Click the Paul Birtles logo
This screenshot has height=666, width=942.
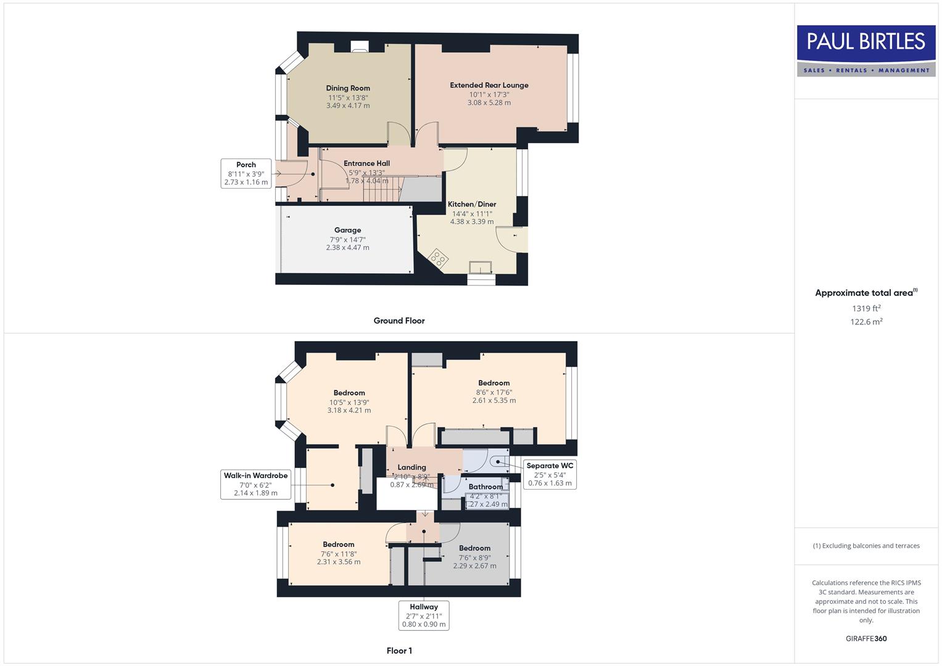pyautogui.click(x=866, y=51)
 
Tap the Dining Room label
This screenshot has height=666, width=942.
pyautogui.click(x=348, y=88)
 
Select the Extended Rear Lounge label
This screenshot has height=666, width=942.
pyautogui.click(x=489, y=85)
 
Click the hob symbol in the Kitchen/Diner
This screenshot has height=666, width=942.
pyautogui.click(x=438, y=258)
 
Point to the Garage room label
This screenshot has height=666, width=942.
pyautogui.click(x=347, y=230)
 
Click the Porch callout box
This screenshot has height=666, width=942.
pyautogui.click(x=246, y=173)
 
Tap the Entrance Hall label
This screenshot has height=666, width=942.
pyautogui.click(x=366, y=163)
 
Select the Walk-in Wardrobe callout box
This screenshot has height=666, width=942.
pyautogui.click(x=255, y=484)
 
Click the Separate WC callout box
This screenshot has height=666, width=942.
pyautogui.click(x=550, y=474)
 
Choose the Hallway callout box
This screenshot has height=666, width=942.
pyautogui.click(x=424, y=615)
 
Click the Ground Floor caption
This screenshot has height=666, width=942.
pyautogui.click(x=399, y=321)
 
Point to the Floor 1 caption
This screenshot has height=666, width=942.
pyautogui.click(x=399, y=651)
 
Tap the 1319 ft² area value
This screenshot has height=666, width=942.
pyautogui.click(x=866, y=308)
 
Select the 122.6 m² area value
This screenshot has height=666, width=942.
pyautogui.click(x=866, y=321)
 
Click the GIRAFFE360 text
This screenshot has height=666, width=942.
pyautogui.click(x=866, y=638)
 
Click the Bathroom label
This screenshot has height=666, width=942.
pyautogui.click(x=485, y=487)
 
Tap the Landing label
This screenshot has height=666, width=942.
pyautogui.click(x=411, y=467)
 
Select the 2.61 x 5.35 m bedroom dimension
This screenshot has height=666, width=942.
pyautogui.click(x=494, y=400)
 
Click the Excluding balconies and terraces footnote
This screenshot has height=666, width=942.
pyautogui.click(x=866, y=546)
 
